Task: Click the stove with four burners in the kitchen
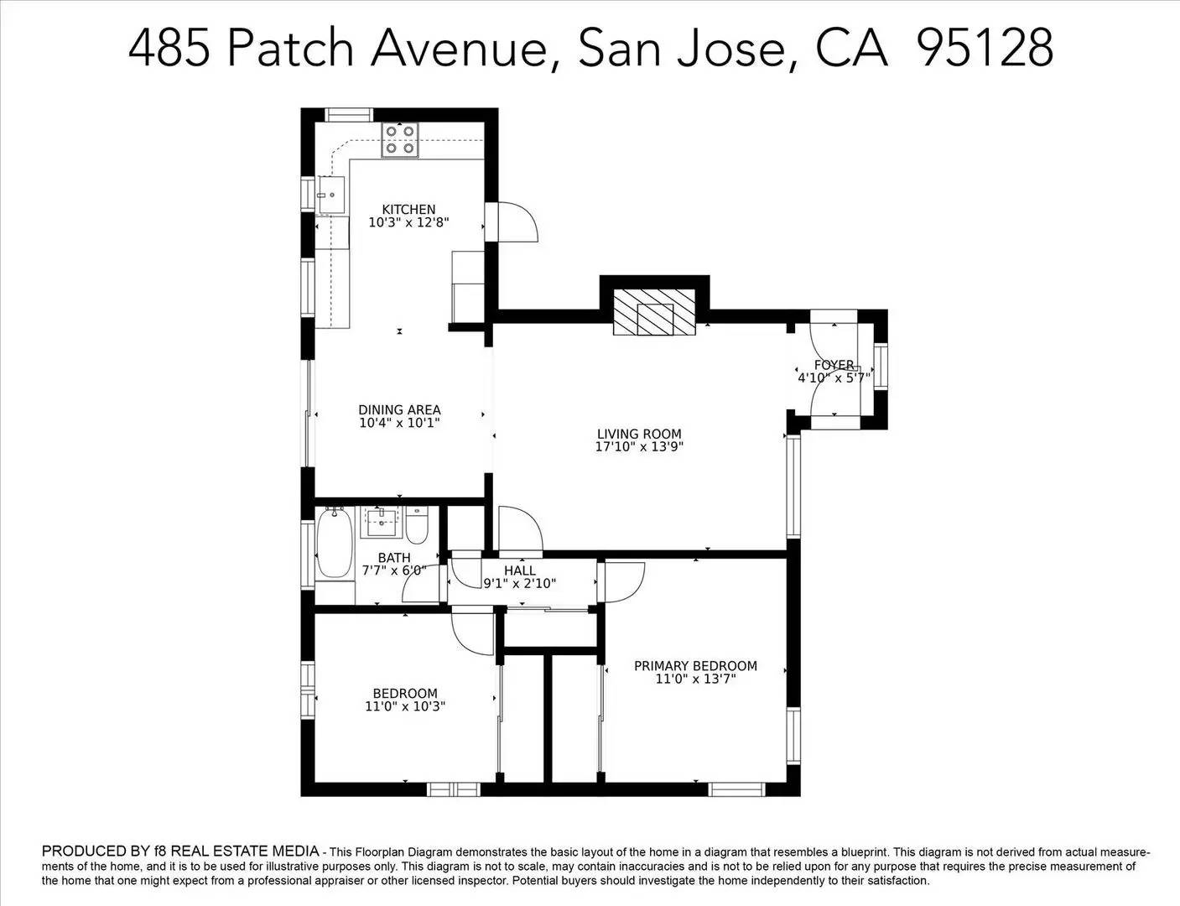tap(400, 140)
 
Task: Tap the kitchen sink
tap(330, 195)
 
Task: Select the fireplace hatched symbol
tap(655, 314)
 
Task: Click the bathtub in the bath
tap(335, 544)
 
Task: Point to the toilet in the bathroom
tap(417, 525)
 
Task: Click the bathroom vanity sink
tap(382, 523)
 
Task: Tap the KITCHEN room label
tap(408, 210)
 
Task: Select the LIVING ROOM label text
tap(639, 434)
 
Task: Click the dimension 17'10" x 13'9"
tap(639, 447)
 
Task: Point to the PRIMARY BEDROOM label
tap(695, 666)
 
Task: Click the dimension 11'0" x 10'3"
tap(405, 706)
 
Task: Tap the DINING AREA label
tap(399, 410)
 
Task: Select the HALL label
tap(520, 570)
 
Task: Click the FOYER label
tap(834, 365)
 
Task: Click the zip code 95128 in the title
tap(985, 48)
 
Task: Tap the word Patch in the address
tap(290, 48)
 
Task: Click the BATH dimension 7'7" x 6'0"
tap(394, 570)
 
